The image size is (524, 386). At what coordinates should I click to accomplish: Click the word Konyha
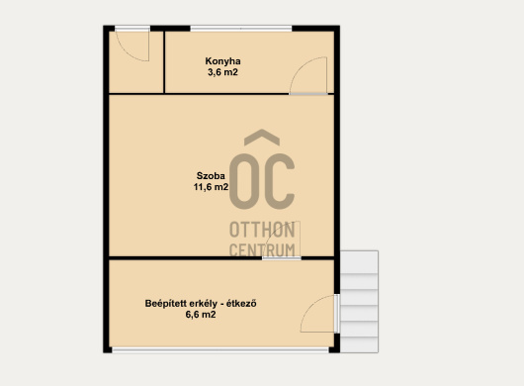[222, 61]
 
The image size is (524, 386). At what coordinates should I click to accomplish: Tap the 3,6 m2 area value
[222, 72]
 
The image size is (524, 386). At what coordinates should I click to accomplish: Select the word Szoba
[211, 176]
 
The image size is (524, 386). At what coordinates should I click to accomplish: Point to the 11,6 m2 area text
[211, 187]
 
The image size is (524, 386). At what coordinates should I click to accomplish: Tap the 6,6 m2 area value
[201, 315]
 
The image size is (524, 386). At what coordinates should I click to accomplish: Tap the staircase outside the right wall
[359, 301]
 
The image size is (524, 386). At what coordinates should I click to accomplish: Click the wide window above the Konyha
[241, 29]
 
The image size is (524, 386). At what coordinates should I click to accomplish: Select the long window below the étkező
[220, 350]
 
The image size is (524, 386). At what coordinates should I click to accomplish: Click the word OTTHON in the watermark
[262, 230]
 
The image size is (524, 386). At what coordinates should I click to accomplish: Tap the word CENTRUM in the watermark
[262, 249]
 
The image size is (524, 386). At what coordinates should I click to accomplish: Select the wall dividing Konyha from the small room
[164, 62]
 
